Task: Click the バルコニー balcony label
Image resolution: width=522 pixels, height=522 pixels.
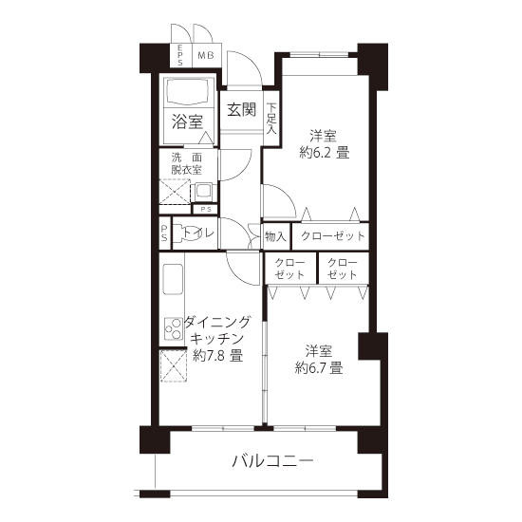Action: [x=272, y=461]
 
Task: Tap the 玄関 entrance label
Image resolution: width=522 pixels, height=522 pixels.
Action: [x=242, y=109]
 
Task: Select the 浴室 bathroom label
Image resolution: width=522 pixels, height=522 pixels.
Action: [x=187, y=121]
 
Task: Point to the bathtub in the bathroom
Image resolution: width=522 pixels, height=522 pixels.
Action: [x=188, y=93]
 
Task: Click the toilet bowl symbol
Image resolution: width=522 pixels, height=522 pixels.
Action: [x=183, y=233]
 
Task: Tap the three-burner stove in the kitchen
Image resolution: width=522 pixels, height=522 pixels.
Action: [x=174, y=328]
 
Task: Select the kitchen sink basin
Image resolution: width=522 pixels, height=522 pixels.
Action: [x=173, y=279]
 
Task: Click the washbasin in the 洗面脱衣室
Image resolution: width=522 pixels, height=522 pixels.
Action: [x=202, y=192]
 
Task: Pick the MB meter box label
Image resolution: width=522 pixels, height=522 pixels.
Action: [x=206, y=55]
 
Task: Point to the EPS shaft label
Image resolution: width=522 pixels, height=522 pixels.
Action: [x=179, y=55]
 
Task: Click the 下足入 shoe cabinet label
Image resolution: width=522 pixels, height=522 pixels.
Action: [x=271, y=119]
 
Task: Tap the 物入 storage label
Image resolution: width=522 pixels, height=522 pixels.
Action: [x=275, y=236]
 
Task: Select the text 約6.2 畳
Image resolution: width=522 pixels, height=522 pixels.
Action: [x=325, y=153]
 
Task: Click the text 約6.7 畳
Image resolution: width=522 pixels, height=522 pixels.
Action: [x=319, y=368]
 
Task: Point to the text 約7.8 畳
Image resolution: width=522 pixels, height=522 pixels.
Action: [x=217, y=356]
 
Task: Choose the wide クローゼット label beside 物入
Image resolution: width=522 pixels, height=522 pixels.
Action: [x=333, y=236]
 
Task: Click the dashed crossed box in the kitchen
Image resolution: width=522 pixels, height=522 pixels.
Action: [x=174, y=365]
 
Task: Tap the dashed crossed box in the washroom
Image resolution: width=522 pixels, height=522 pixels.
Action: [x=175, y=192]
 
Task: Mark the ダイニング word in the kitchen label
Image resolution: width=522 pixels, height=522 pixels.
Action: [x=217, y=322]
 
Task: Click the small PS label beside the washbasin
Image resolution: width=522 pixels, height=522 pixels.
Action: [x=206, y=210]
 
